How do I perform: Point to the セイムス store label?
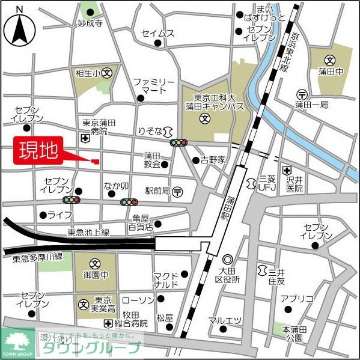click(x=158, y=34)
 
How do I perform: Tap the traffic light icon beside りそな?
click(x=178, y=143)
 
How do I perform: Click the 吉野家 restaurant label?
click(x=213, y=160)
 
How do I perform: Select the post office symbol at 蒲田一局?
click(x=301, y=94)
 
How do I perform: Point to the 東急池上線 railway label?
click(x=88, y=232)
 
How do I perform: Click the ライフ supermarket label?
click(x=60, y=215)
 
